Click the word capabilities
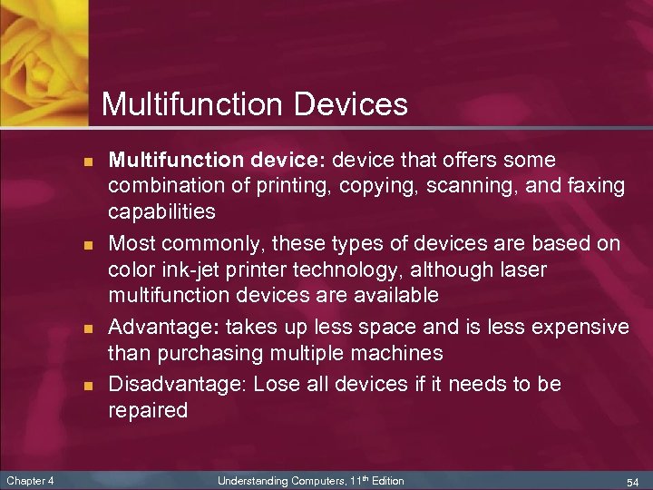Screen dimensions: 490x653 tap(161, 212)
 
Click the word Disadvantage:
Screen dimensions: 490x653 tap(178, 384)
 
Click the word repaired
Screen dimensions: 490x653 tap(148, 410)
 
